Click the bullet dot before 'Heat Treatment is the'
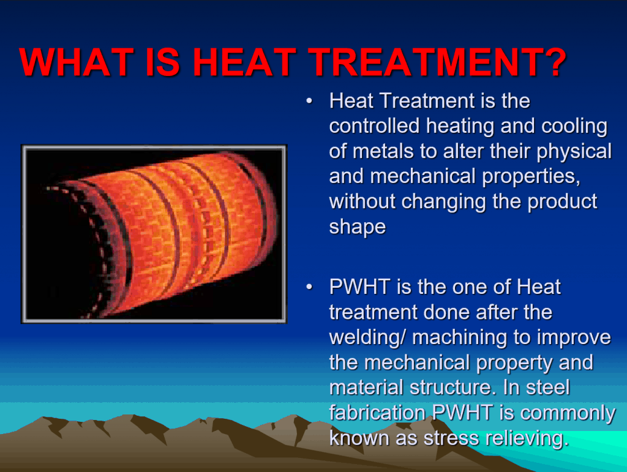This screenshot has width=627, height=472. point(311,100)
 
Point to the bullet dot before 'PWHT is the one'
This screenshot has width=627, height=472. point(311,287)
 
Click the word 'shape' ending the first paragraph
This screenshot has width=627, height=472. point(358,227)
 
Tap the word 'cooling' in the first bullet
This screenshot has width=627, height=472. point(574,126)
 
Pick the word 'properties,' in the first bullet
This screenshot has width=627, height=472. point(520,176)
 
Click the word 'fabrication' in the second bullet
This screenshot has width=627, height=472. point(378,413)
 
